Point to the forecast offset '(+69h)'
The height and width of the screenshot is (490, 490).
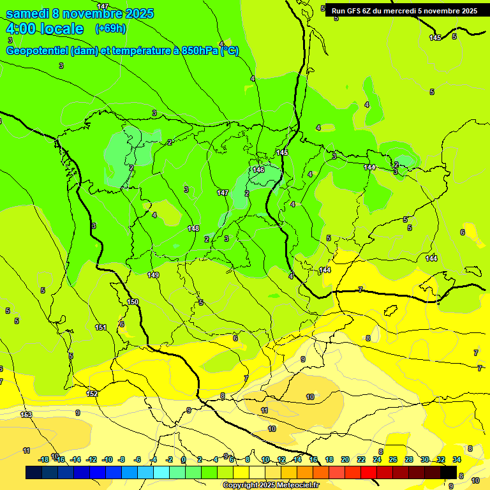pos(110,29)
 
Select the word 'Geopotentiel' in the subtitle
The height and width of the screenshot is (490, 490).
pos(37,51)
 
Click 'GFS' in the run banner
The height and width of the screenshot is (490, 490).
pos(357,11)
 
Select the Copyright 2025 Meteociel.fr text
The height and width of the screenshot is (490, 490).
pos(271,486)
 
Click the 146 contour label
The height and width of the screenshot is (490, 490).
pos(258,170)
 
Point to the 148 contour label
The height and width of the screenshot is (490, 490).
pos(193,228)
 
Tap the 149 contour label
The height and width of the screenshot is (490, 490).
pos(153,275)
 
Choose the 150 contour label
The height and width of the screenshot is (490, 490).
pos(133,302)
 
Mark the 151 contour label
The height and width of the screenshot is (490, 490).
pos(101,327)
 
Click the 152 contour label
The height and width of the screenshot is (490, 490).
pos(93,394)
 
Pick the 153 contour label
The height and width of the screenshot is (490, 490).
pos(26,415)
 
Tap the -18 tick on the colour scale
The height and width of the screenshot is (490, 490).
pos(43,459)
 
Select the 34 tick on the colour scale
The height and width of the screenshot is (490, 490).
pos(457,459)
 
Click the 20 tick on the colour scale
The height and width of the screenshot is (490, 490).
pos(345,459)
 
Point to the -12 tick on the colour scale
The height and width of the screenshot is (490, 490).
pos(91,459)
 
